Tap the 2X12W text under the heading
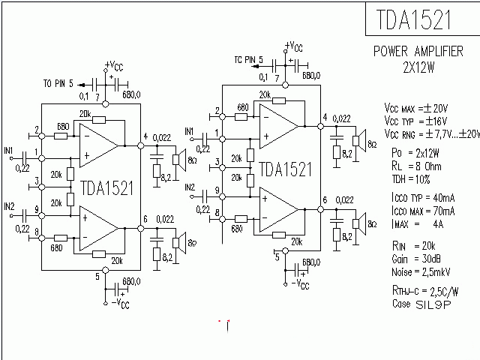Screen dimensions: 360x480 pos(419,65)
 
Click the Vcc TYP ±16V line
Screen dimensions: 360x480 pos(421,121)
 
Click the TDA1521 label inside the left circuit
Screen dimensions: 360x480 pos(106,187)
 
